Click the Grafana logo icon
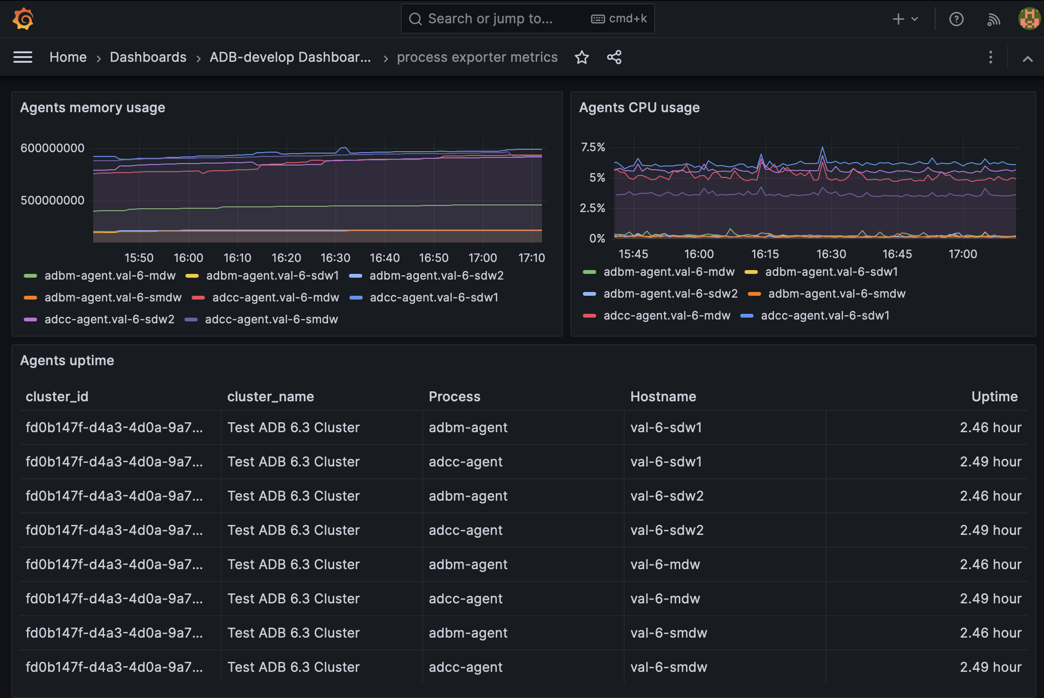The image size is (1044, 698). point(23,19)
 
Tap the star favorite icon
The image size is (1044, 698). point(581,58)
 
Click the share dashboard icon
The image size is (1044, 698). point(614,58)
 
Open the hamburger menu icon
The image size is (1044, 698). point(23,58)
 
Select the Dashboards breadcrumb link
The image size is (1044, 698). point(148,58)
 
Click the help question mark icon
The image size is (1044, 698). point(956,19)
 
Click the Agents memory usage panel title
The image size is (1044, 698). point(93,108)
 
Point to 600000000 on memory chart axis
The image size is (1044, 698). point(52,148)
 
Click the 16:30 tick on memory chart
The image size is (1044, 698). point(335,258)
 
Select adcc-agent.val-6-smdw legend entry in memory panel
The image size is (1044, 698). point(271,320)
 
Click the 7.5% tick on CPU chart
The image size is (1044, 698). point(593,147)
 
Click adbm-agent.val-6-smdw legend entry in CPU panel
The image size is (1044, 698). point(836,294)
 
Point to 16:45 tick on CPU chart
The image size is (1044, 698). point(897,254)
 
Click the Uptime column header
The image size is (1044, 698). point(994,397)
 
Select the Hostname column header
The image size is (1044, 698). point(663,397)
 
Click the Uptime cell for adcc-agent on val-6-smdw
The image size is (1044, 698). point(990,667)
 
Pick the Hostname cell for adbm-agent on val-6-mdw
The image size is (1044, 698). point(665,564)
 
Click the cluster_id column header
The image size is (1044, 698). point(57,397)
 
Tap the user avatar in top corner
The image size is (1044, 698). point(1029,19)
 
